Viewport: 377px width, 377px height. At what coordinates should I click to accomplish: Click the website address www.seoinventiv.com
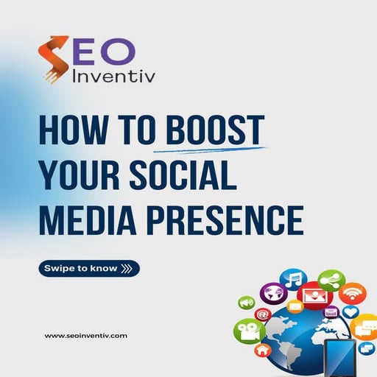(86, 335)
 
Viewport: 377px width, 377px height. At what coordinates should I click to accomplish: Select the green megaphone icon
(246, 303)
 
